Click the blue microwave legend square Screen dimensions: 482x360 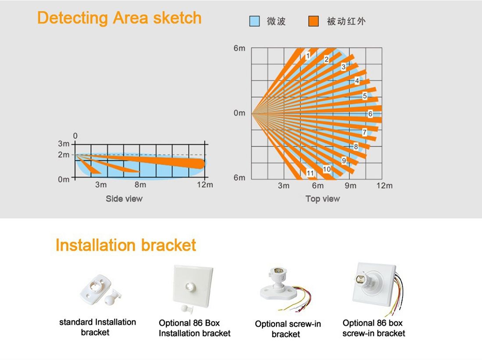click(x=254, y=21)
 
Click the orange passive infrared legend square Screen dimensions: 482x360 click(x=314, y=21)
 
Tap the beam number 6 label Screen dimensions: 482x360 click(x=370, y=114)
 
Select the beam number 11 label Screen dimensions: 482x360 click(x=310, y=173)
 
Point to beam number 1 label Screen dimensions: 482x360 click(x=308, y=56)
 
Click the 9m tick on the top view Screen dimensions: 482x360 click(x=350, y=185)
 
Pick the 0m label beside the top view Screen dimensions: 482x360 click(x=239, y=113)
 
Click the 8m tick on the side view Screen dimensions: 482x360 click(x=140, y=185)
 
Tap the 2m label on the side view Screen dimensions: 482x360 click(x=64, y=155)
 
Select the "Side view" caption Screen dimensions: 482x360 click(x=124, y=199)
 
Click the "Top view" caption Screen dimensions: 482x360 click(x=323, y=199)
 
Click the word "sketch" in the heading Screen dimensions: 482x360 click(x=177, y=18)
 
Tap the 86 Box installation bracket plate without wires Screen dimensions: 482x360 click(x=193, y=289)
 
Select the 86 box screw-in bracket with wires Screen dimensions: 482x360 click(x=378, y=288)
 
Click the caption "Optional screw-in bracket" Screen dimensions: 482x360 click(x=288, y=329)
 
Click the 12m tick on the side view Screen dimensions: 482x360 click(x=205, y=185)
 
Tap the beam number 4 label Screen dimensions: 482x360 click(x=357, y=81)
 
